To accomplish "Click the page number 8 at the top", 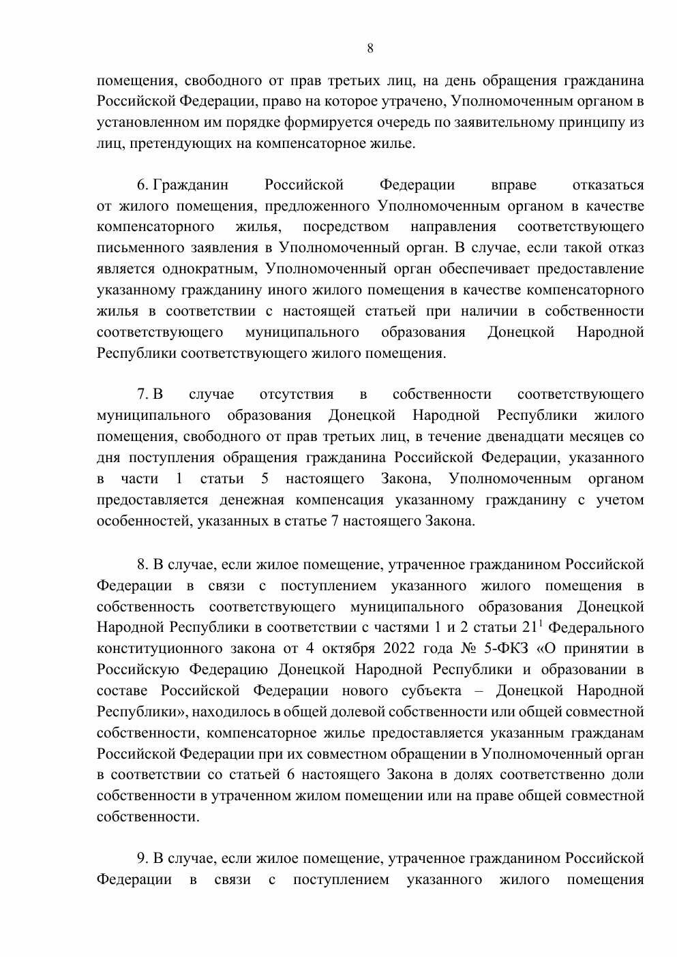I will pyautogui.click(x=370, y=48).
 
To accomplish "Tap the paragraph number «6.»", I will pyautogui.click(x=142, y=185).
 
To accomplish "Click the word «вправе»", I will pyautogui.click(x=513, y=185).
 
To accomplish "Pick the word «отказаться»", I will pyautogui.click(x=608, y=185).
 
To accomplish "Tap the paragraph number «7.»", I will pyautogui.click(x=142, y=395).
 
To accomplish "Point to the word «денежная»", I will pyautogui.click(x=252, y=500).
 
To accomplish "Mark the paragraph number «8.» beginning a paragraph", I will pyautogui.click(x=142, y=565).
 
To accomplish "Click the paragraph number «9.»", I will pyautogui.click(x=142, y=859).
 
